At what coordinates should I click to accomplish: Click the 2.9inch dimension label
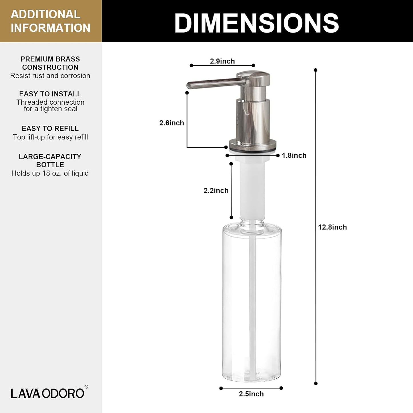coord(222,61)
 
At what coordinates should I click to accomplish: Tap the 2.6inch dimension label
coord(171,123)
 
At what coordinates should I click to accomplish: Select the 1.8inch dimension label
coord(294,155)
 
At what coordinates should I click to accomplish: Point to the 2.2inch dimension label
coord(216,191)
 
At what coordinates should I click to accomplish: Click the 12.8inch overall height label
coord(332,227)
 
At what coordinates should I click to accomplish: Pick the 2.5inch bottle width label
coord(251,394)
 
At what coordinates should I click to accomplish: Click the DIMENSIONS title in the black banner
coord(256,23)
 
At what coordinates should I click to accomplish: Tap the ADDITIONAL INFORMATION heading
coord(50,21)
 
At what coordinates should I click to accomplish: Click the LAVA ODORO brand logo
coord(47,393)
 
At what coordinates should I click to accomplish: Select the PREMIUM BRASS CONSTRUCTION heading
coord(50,63)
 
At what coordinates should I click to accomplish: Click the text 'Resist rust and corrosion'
coord(50,76)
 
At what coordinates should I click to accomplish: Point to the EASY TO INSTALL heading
coord(50,94)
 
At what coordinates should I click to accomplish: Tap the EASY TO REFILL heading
coord(50,129)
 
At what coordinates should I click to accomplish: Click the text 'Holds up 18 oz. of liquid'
coord(50,173)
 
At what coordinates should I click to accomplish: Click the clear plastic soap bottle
coord(252,303)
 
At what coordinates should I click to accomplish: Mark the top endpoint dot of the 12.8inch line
coord(316,70)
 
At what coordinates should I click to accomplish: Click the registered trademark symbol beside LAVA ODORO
coord(86,387)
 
